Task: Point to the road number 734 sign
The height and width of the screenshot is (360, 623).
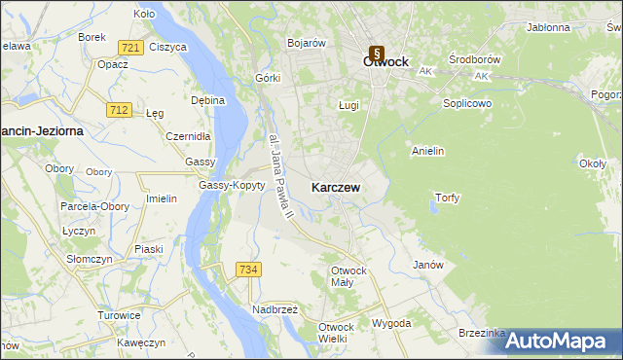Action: coord(248,269)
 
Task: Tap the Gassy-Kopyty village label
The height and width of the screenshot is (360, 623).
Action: coord(232,185)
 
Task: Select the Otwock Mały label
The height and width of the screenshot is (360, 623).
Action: coord(348,275)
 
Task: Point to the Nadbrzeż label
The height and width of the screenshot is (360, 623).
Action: coord(275,309)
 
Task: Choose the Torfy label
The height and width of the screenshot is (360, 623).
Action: coord(447,198)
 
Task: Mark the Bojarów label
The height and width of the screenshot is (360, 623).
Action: coord(306,43)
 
